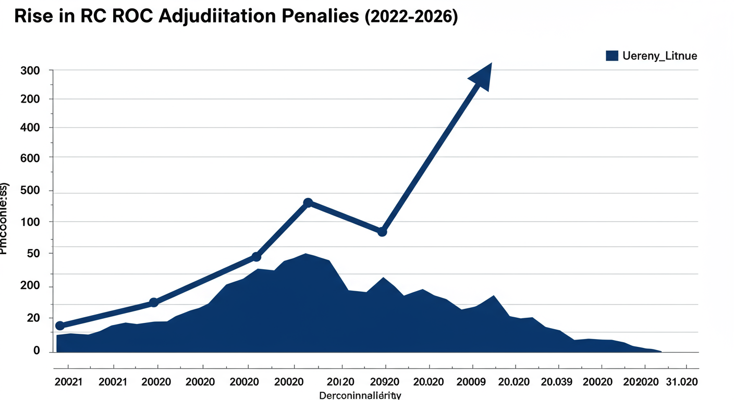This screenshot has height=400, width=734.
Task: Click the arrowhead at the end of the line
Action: pyautogui.click(x=482, y=77)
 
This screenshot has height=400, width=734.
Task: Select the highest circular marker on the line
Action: pyautogui.click(x=308, y=203)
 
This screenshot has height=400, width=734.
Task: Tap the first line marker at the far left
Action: pyautogui.click(x=60, y=326)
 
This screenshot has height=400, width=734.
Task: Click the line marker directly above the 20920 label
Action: pyautogui.click(x=382, y=231)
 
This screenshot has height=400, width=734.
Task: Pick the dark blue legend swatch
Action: pyautogui.click(x=611, y=55)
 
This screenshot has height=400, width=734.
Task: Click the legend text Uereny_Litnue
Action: pyautogui.click(x=659, y=55)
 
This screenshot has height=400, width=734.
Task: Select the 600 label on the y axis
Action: pyautogui.click(x=30, y=157)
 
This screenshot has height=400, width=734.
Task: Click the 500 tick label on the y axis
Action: pyautogui.click(x=30, y=191)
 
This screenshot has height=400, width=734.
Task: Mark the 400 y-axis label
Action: pyautogui.click(x=30, y=128)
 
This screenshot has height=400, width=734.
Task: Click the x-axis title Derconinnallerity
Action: pyautogui.click(x=360, y=395)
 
